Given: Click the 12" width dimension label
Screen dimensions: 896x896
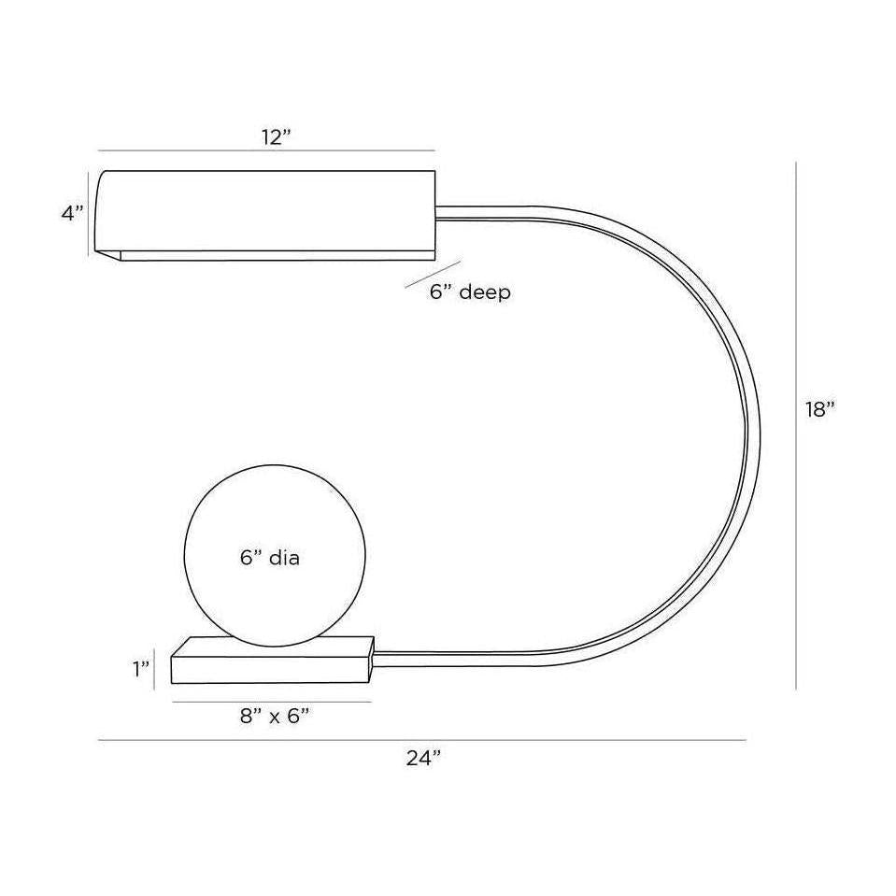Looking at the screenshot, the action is [276, 137].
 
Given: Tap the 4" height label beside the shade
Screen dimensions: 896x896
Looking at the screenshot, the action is [73, 213].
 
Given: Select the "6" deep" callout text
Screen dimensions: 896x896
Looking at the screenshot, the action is [470, 292].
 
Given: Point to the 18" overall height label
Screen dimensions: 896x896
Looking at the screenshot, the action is [820, 409].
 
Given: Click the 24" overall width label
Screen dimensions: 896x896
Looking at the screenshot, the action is [424, 758].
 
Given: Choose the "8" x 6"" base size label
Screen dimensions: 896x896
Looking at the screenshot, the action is [275, 716].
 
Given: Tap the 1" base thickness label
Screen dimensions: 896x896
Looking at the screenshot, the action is [141, 669].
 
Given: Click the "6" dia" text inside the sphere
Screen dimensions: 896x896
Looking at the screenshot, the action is [270, 557].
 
